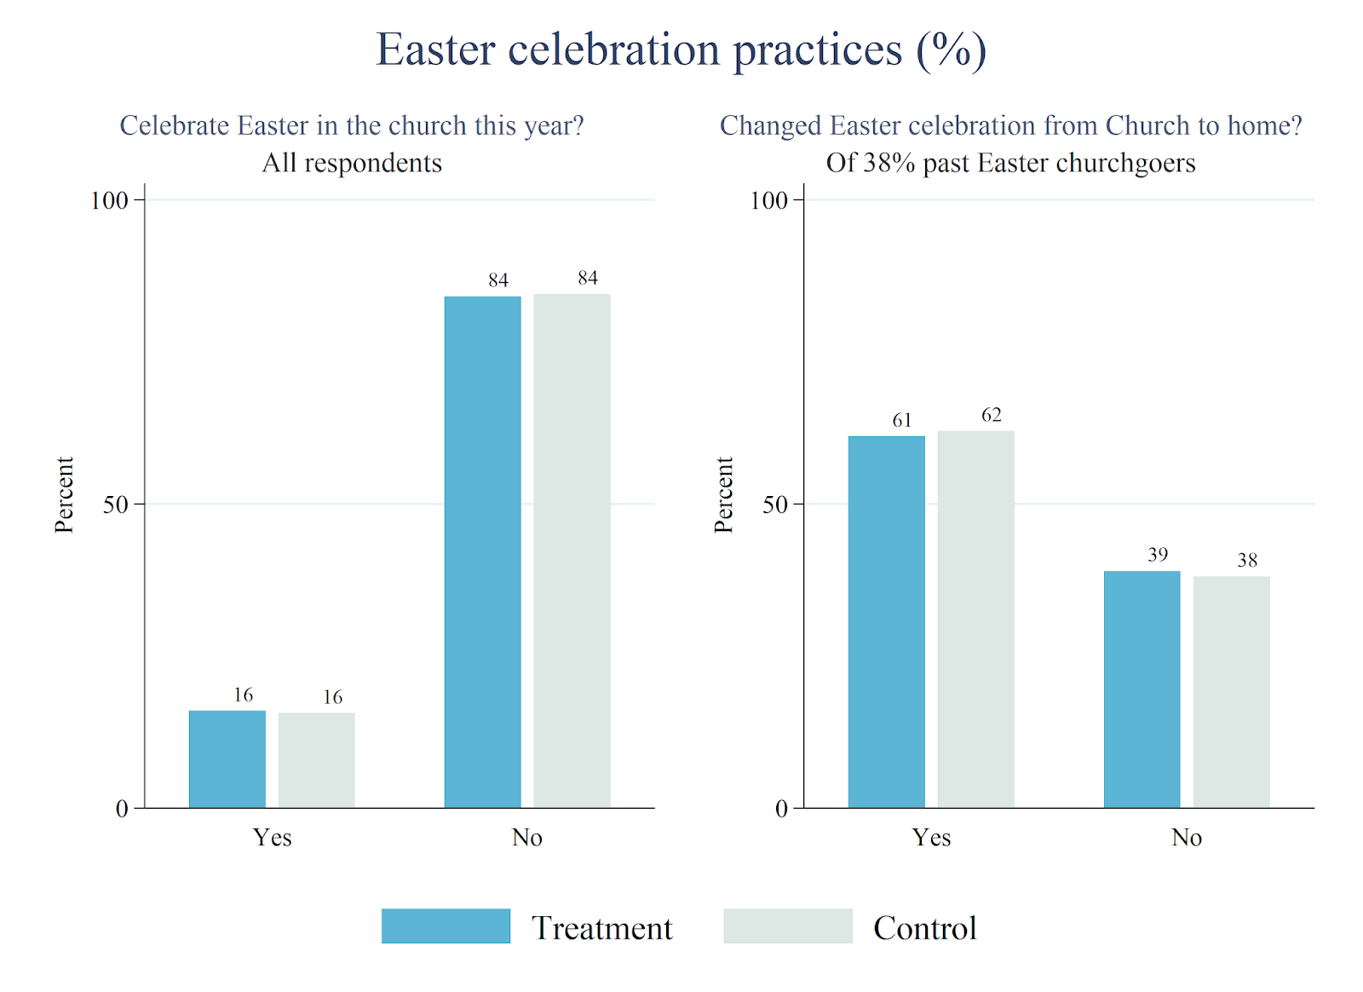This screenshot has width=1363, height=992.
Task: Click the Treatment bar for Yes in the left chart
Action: coord(227,758)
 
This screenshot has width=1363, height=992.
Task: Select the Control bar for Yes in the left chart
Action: coord(316,759)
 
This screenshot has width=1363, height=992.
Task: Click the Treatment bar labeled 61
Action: coord(886,621)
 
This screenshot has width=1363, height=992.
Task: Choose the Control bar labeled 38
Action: coord(1231,691)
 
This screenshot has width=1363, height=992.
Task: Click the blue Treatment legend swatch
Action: coord(446,926)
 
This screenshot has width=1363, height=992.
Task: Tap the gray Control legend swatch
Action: coord(787,926)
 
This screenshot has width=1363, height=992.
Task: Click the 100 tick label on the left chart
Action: coord(109,200)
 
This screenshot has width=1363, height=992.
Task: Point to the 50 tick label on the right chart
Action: coord(775,505)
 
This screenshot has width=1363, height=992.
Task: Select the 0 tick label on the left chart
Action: coord(122,809)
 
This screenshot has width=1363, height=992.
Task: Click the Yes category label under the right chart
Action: coord(931,837)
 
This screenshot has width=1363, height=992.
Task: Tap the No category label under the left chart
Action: coord(527,837)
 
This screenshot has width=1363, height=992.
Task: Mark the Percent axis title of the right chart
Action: coord(723,494)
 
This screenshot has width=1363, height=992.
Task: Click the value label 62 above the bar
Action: coord(991,415)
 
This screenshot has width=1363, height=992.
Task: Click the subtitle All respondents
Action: coord(352,163)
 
